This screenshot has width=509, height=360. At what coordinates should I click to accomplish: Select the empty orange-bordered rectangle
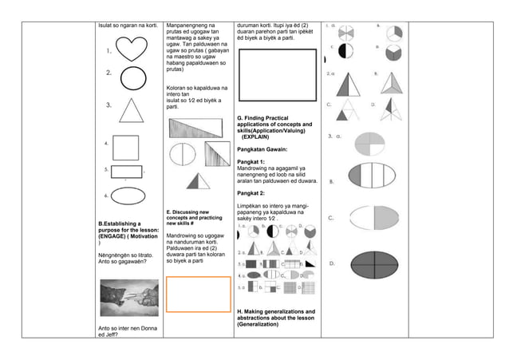coord(198,294)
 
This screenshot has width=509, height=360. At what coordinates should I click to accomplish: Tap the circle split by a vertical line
coord(185,153)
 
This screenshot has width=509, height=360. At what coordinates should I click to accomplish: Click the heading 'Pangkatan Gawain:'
coord(264,149)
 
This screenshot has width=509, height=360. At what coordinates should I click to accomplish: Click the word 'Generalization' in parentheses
coord(264,324)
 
